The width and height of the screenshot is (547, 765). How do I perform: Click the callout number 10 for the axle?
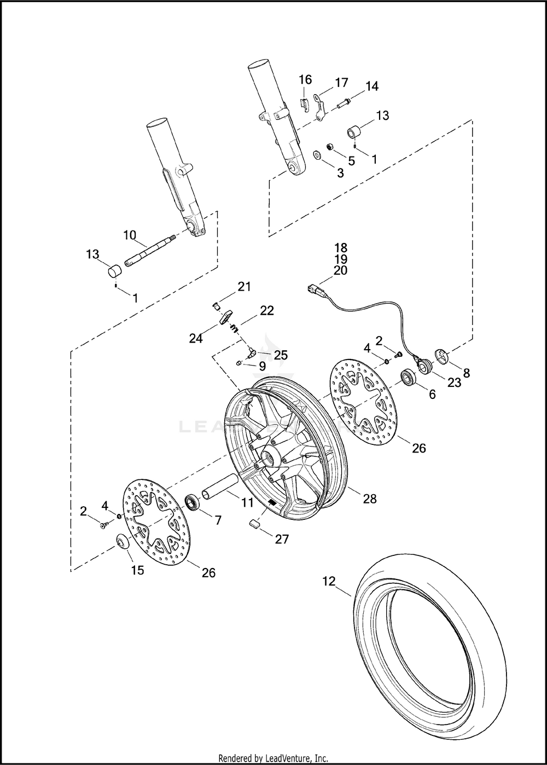130,235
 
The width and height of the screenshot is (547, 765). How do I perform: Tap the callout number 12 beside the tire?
329,581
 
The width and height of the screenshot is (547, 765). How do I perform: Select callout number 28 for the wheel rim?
369,499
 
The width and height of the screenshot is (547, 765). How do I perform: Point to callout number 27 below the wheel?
282,539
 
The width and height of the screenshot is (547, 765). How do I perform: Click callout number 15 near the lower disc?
138,570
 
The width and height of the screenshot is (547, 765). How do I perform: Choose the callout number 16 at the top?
306,79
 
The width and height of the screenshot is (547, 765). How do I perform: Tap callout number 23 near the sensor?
454,383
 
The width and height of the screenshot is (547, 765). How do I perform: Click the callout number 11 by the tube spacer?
247,502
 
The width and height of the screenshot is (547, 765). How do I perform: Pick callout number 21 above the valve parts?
244,287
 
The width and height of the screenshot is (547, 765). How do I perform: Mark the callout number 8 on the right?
467,373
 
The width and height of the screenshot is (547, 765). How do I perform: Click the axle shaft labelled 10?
150,250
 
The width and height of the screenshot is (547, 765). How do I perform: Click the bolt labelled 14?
343,103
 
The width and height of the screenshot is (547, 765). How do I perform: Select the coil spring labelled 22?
235,328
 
